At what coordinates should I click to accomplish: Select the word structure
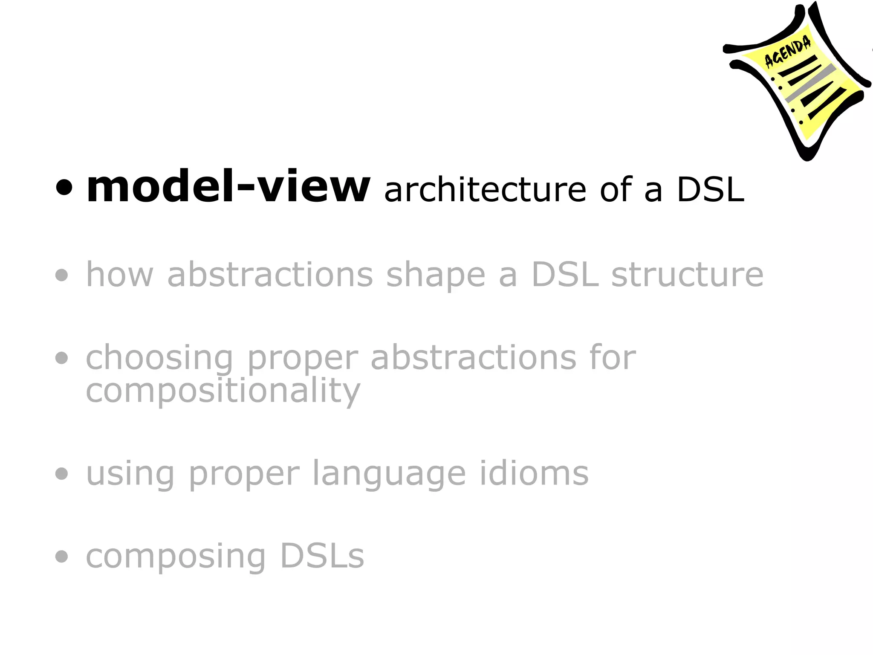pyautogui.click(x=687, y=275)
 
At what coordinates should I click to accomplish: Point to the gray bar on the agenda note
pyautogui.click(x=809, y=84)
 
